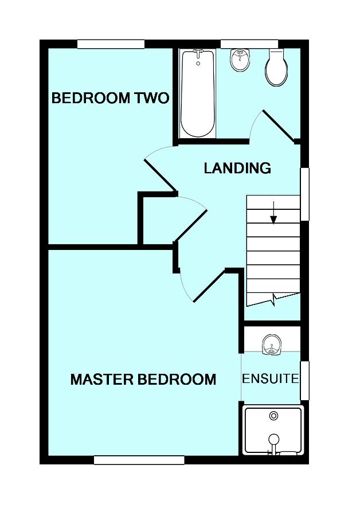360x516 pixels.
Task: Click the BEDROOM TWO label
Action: point(110,98)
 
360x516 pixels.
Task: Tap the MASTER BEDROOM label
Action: point(143,379)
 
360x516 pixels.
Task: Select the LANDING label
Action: point(237,168)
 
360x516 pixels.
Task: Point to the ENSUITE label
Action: point(271,379)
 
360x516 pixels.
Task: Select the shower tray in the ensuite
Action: point(273,430)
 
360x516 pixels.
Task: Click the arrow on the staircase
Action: point(273,213)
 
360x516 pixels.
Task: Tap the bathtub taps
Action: point(198,54)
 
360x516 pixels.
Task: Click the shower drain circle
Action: point(273,416)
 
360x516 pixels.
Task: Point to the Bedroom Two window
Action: point(111,44)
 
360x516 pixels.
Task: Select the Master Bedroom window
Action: point(139,460)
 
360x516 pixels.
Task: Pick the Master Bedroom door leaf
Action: point(209,286)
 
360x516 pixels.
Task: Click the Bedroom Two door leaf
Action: point(160,175)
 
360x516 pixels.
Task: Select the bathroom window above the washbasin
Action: point(249,44)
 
